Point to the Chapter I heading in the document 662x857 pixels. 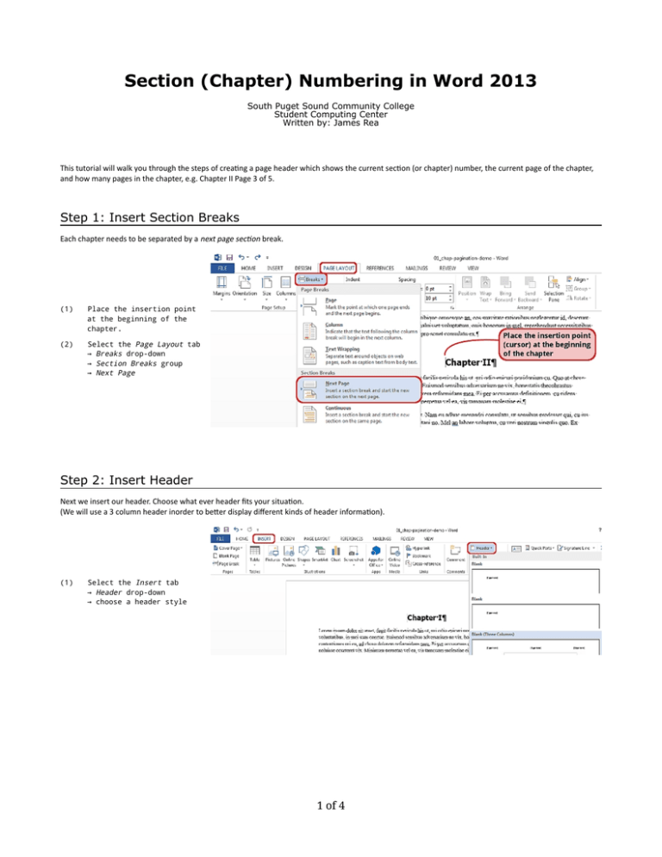(x=437, y=617)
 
